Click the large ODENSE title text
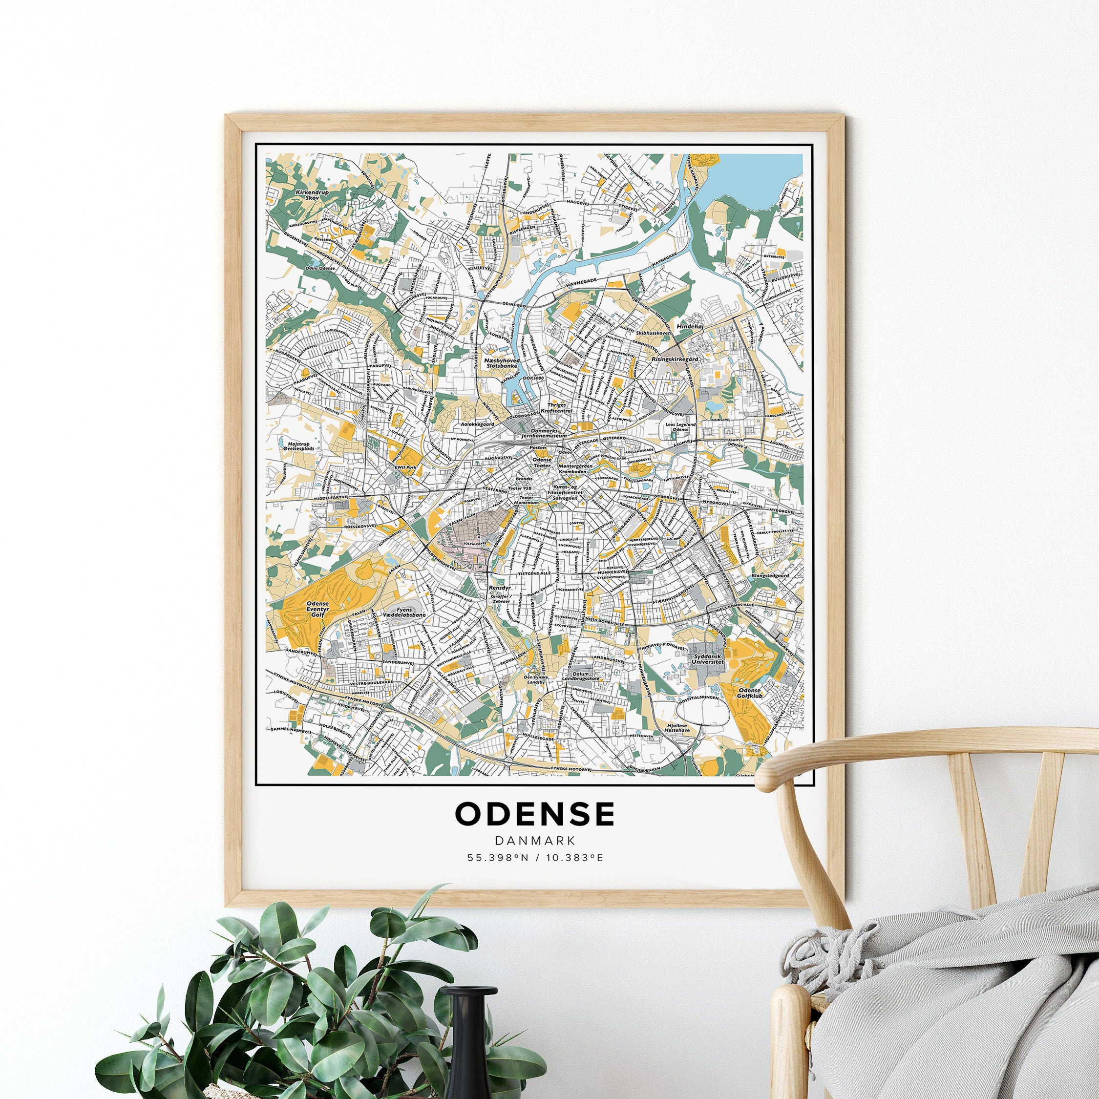[535, 814]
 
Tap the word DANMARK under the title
[535, 841]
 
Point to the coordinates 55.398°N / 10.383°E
[535, 857]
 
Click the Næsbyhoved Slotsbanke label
[501, 363]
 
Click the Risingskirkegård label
[675, 359]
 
